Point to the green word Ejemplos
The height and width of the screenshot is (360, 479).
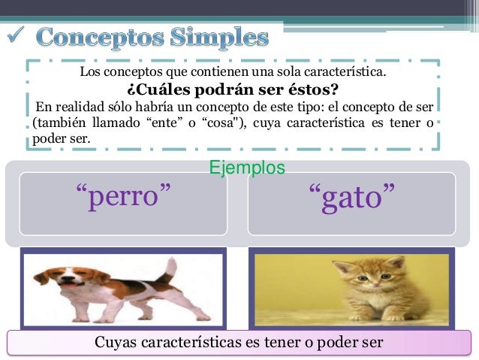248,167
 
